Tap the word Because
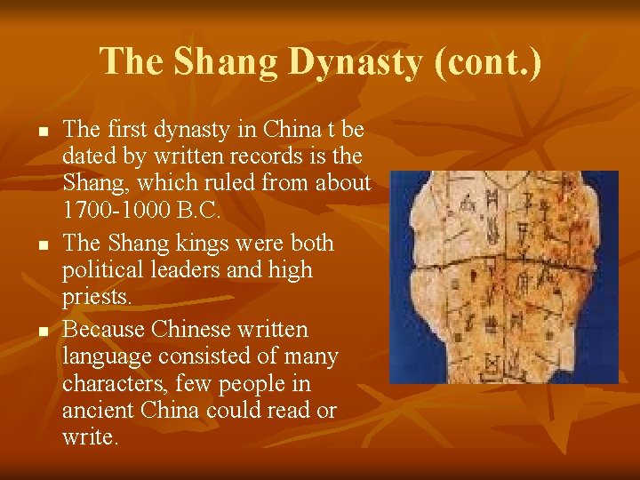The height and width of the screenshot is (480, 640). pyautogui.click(x=105, y=329)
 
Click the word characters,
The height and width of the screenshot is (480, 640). pyautogui.click(x=114, y=384)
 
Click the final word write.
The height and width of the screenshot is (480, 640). pyautogui.click(x=89, y=438)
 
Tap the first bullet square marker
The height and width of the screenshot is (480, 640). pyautogui.click(x=42, y=131)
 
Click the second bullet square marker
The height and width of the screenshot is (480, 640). pyautogui.click(x=42, y=244)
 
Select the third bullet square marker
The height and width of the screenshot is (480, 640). pyautogui.click(x=42, y=330)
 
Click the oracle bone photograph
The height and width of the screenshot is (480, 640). pyautogui.click(x=503, y=276)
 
